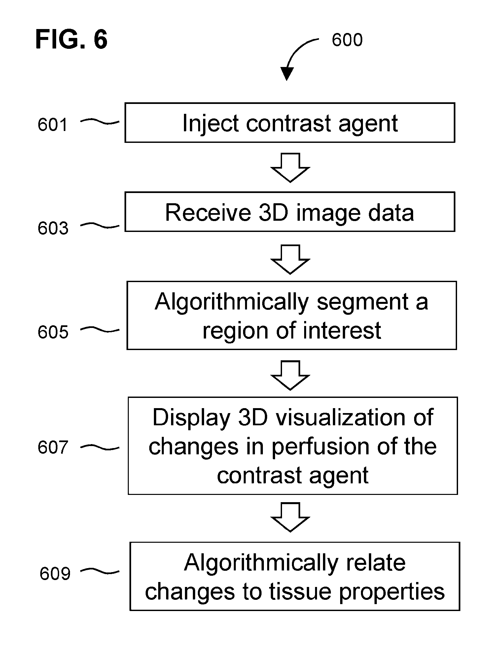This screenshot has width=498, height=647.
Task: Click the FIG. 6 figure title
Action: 71,40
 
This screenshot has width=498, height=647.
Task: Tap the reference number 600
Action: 347,40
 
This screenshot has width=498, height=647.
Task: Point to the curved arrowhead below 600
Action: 287,74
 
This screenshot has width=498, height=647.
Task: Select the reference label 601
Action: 53,125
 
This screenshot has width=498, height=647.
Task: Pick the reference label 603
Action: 53,228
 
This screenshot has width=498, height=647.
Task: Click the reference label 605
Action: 53,332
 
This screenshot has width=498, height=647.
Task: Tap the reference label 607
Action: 53,447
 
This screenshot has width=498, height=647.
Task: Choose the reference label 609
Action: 55,573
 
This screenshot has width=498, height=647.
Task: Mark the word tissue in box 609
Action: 301,592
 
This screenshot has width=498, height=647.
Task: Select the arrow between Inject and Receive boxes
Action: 290,168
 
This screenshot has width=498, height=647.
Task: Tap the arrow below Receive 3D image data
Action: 290,260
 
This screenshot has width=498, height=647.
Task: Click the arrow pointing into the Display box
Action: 290,375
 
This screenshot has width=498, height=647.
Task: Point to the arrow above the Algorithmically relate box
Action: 290,517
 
